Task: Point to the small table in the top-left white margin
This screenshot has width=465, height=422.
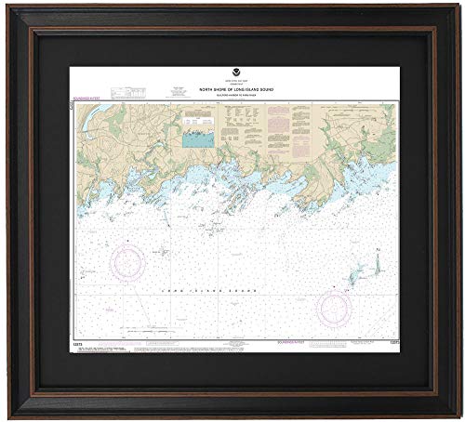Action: pyautogui.click(x=121, y=91)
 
